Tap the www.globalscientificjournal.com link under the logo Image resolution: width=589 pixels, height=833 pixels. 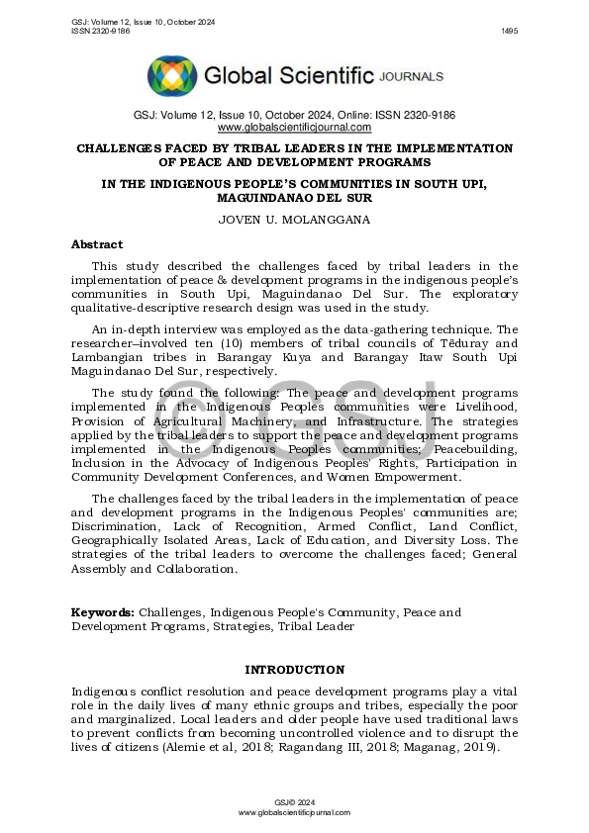pos(294,128)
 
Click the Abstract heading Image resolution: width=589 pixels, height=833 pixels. pos(97,244)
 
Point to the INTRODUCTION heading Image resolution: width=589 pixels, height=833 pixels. pos(294,670)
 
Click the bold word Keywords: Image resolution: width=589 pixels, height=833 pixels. pos(102,613)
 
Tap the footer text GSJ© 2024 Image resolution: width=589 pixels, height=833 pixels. pos(294,801)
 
